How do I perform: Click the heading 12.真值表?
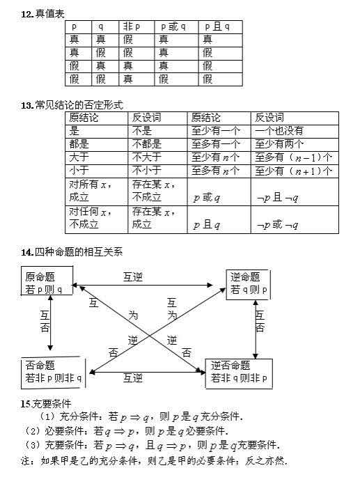click(42, 14)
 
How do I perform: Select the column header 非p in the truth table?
click(132, 26)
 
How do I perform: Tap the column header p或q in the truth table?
click(173, 26)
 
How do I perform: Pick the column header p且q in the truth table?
click(217, 26)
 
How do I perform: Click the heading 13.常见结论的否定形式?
click(72, 105)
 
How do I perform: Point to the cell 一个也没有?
click(279, 131)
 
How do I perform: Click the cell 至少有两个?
click(279, 144)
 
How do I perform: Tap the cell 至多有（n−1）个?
click(293, 157)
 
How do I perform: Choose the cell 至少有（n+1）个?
click(293, 171)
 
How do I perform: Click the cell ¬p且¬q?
click(278, 198)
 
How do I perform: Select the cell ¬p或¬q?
click(278, 225)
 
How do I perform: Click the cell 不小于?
click(147, 171)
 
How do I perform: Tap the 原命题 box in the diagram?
click(47, 281)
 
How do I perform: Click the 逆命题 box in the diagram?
click(248, 285)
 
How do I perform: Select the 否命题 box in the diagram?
click(53, 373)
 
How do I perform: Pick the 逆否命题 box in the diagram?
click(239, 373)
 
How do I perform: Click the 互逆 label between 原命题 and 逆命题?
click(133, 277)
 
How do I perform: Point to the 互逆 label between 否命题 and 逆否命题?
click(133, 378)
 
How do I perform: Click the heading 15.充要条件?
click(46, 404)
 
